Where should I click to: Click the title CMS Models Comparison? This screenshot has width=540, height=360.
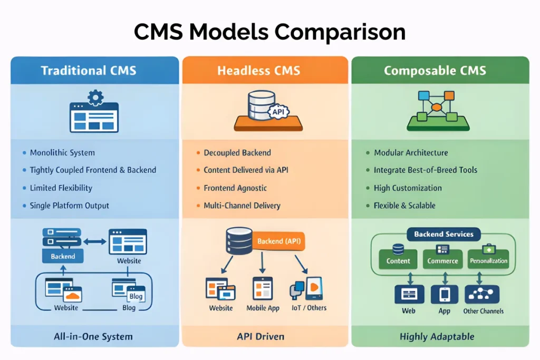269,32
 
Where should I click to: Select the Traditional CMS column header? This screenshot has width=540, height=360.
89,71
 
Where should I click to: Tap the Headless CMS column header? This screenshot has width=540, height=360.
265,71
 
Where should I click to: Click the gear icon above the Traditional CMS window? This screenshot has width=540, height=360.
95,96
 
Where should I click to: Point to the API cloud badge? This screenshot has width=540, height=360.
277,111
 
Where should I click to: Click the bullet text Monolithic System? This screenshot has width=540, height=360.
62,153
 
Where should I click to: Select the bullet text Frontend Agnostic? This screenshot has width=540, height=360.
235,188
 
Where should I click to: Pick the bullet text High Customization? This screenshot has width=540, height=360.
408,188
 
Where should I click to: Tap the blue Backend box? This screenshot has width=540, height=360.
63,256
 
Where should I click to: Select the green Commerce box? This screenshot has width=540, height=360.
442,260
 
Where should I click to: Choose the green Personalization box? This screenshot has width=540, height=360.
488,260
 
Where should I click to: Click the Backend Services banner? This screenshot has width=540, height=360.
443,234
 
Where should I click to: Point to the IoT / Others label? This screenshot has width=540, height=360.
308,308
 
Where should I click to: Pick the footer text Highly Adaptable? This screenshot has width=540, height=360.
437,336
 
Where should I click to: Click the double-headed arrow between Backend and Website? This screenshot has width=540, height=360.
95,241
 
